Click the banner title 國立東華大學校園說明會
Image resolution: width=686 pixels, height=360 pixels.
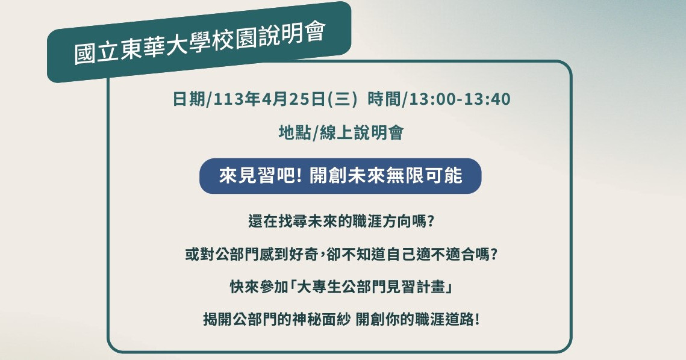coord(200,43)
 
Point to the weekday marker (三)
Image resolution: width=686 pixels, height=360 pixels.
coord(342,99)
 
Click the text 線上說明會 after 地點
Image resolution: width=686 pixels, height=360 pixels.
coord(361,132)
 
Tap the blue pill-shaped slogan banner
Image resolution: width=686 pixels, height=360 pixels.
coord(340,176)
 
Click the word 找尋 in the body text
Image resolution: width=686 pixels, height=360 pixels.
coord(293,222)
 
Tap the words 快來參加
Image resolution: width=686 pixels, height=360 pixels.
coord(259,287)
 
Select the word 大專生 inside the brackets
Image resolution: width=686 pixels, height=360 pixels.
coord(319,287)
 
